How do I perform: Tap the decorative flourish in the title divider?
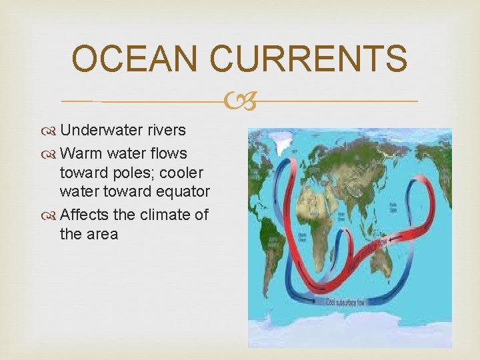(x=240, y=101)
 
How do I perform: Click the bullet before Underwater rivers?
(x=51, y=129)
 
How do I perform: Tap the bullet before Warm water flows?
(x=51, y=154)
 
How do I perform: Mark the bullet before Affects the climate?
(x=51, y=215)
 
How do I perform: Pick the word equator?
(x=182, y=192)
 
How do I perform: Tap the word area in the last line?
(x=101, y=234)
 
